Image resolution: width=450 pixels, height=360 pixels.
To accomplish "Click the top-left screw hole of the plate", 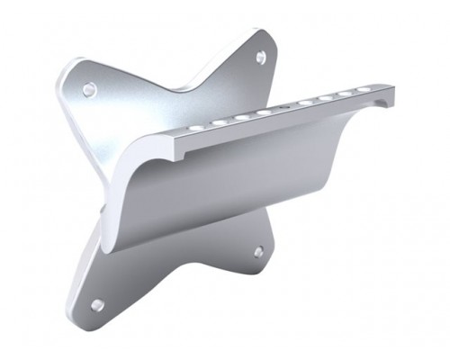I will [x=90, y=89].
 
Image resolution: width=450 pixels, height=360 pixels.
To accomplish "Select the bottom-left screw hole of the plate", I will [x=97, y=305].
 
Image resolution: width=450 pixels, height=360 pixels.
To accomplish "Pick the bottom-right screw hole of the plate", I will [x=260, y=252].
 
